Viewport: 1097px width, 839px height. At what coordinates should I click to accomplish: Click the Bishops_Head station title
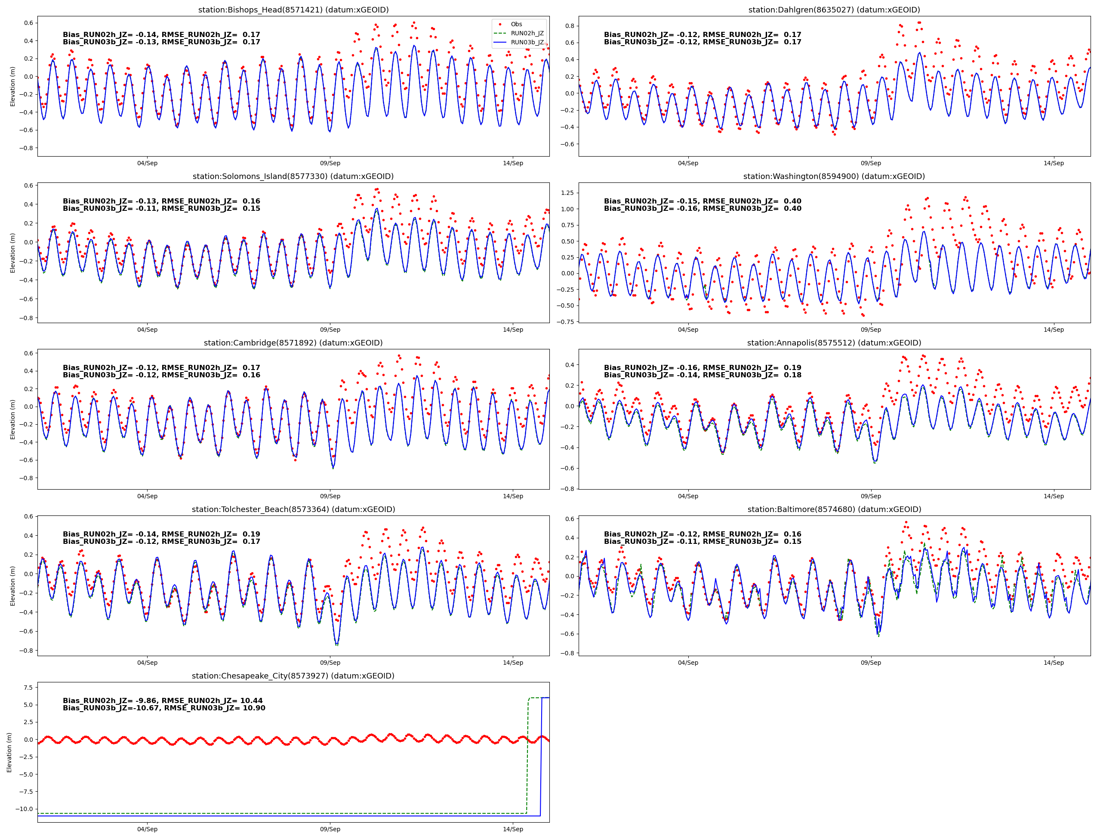pos(293,10)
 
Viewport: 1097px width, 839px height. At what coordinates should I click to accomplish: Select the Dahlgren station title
pos(834,10)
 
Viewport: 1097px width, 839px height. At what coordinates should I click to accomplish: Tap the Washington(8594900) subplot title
pos(834,176)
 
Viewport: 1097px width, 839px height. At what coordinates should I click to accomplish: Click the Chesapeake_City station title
pos(293,676)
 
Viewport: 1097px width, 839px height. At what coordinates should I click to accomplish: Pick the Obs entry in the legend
pos(516,24)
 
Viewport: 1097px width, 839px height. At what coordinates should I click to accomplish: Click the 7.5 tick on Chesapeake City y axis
pos(28,687)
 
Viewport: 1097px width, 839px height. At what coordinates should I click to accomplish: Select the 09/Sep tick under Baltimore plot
pos(870,663)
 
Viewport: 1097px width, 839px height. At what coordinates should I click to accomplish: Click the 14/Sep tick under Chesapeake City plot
pos(513,829)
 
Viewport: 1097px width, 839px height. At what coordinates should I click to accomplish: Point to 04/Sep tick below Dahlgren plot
pos(687,163)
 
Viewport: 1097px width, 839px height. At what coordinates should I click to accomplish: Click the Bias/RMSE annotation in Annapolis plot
pos(702,371)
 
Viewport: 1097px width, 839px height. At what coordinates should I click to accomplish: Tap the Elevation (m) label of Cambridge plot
pos(12,419)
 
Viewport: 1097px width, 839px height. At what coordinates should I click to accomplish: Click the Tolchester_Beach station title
pos(293,509)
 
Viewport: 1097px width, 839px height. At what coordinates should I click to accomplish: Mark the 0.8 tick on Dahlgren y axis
pos(570,26)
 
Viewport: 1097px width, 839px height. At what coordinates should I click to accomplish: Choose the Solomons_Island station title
pos(293,176)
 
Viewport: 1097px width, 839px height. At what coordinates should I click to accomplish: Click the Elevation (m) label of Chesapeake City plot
pos(9,752)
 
